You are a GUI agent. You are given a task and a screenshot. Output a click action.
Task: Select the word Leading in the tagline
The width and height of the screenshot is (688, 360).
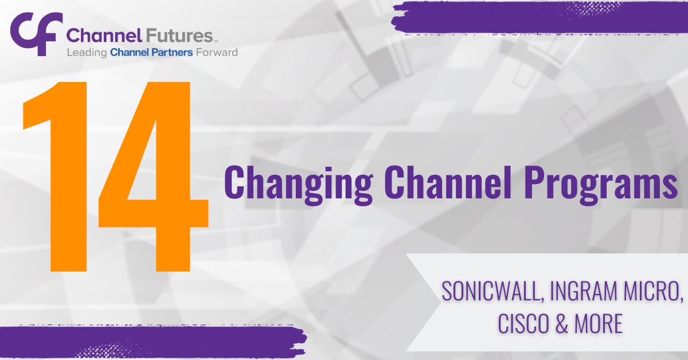[87, 53]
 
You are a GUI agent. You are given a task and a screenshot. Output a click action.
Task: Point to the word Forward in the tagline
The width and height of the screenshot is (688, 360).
[216, 53]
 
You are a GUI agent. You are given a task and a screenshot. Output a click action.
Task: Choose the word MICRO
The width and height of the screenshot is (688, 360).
[654, 293]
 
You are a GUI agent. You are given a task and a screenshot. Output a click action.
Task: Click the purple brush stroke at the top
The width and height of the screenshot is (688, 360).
[539, 16]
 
